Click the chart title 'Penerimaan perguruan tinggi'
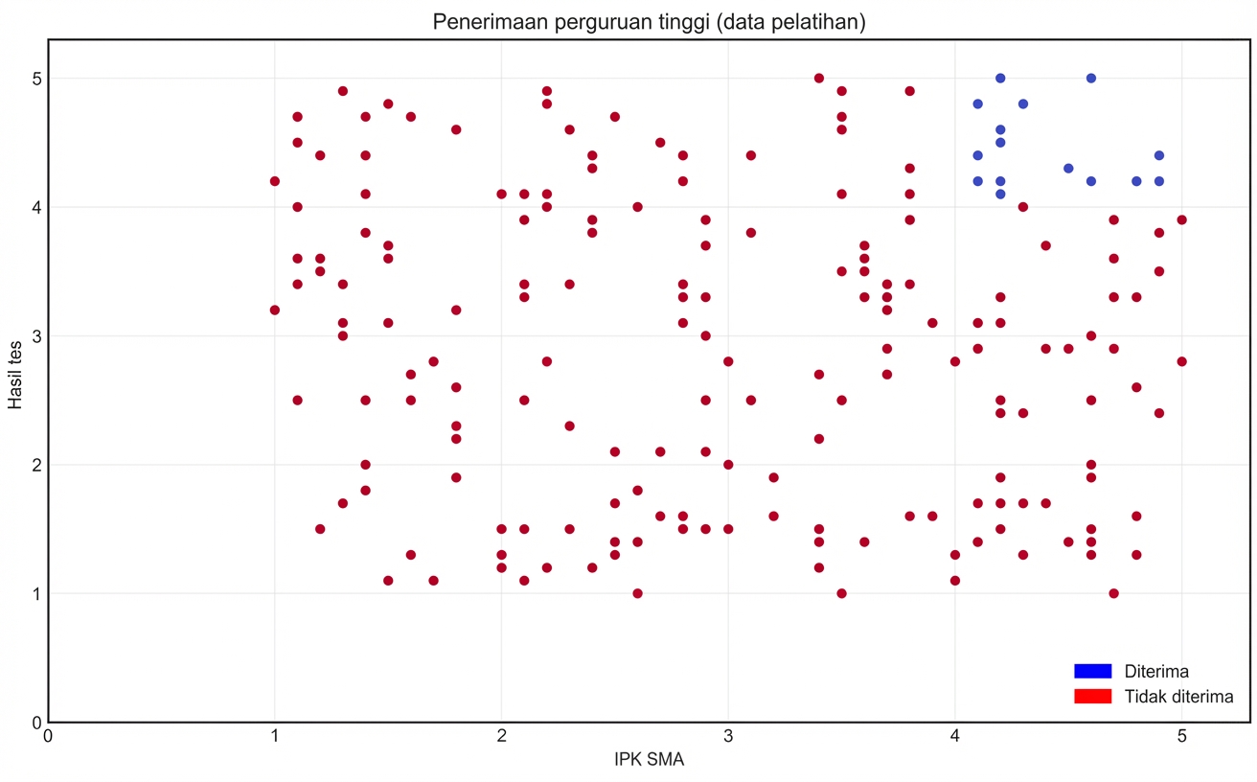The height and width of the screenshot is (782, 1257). click(649, 21)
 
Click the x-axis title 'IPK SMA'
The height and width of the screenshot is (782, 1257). click(649, 760)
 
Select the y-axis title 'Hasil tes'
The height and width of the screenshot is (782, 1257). click(15, 380)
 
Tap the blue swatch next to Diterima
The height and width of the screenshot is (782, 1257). click(1092, 671)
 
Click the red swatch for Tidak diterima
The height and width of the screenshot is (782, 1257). click(1092, 697)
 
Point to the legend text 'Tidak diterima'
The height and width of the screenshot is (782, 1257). click(1178, 697)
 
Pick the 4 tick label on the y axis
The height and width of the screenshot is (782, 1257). click(35, 207)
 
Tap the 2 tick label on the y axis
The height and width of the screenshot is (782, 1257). click(35, 465)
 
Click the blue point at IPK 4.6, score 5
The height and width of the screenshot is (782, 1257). click(1090, 78)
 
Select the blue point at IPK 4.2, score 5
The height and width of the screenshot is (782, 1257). click(1000, 78)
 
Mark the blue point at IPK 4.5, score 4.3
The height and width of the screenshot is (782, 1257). click(1068, 169)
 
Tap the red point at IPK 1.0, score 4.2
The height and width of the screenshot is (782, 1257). click(275, 181)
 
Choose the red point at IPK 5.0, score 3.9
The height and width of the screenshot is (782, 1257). click(1181, 219)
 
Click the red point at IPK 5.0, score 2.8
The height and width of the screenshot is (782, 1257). click(1181, 361)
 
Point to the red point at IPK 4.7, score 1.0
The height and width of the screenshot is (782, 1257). click(1113, 593)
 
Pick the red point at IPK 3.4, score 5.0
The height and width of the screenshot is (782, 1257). click(819, 78)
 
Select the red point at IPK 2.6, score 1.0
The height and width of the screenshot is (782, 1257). click(637, 593)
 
